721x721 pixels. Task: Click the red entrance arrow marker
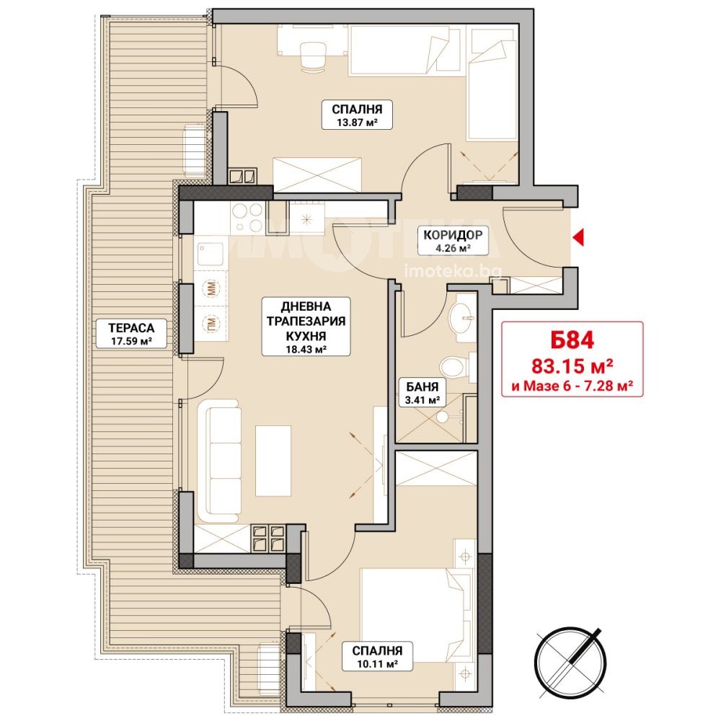click(x=579, y=237)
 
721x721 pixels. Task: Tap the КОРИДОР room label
click(x=453, y=235)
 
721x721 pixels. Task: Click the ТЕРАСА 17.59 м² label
click(x=131, y=333)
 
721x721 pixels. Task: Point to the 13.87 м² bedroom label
click(x=357, y=115)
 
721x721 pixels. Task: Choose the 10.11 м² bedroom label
click(x=377, y=656)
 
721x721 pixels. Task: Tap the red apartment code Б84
click(x=572, y=340)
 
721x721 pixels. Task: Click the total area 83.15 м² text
click(x=572, y=366)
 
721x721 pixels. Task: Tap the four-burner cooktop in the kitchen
click(x=247, y=218)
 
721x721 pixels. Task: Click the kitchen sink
click(x=211, y=255)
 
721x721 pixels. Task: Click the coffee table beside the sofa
click(x=273, y=461)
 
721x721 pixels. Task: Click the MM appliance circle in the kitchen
click(x=211, y=289)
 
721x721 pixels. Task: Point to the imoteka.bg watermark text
click(x=453, y=271)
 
